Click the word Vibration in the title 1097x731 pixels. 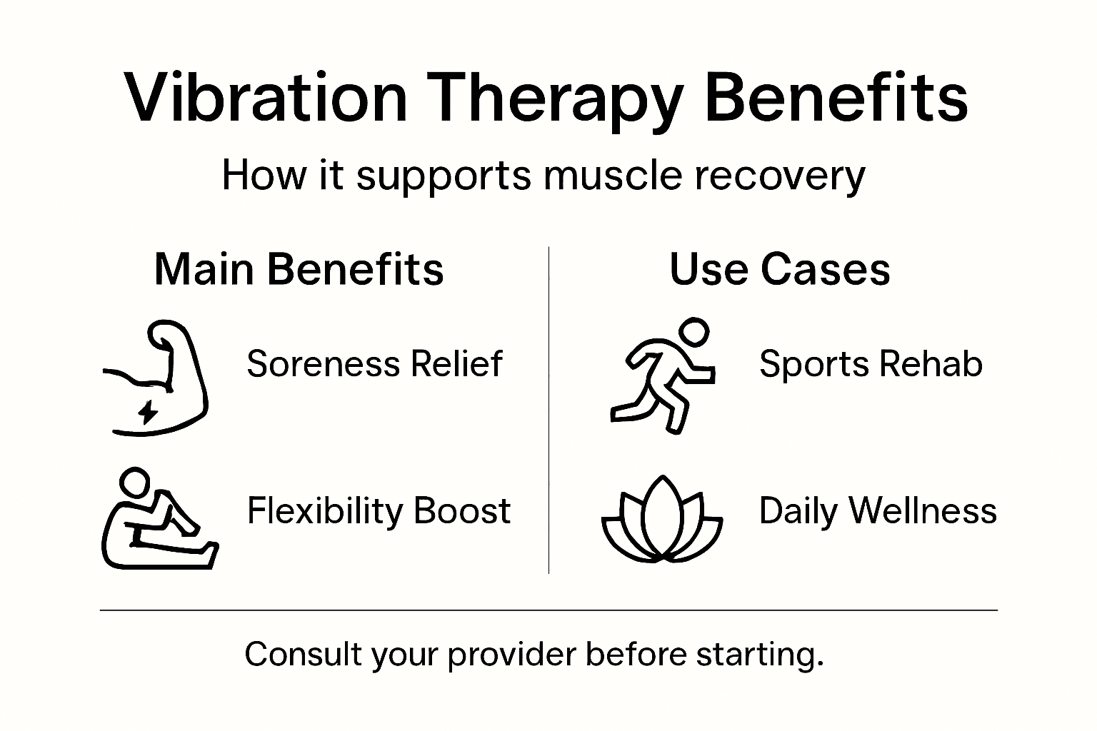265,98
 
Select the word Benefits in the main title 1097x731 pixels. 836,98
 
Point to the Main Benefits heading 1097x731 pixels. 299,270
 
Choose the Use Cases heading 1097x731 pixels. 779,270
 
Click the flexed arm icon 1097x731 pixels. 161,378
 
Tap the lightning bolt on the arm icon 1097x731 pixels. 148,412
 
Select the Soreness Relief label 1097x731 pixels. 374,364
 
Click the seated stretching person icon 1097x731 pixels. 157,521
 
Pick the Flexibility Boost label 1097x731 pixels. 379,511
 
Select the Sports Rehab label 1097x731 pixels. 871,364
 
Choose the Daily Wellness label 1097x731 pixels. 878,511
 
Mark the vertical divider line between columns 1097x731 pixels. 548,410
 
